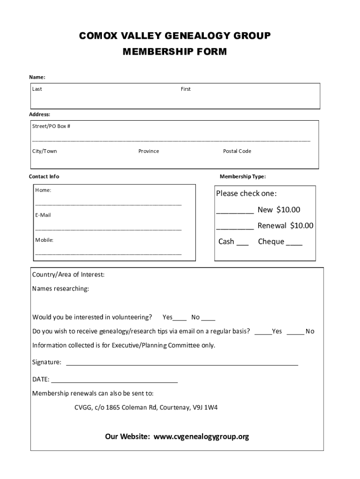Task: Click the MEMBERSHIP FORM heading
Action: point(174,52)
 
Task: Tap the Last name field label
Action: point(37,89)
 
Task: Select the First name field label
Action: point(186,89)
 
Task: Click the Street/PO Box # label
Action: point(51,126)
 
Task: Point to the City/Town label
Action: point(44,151)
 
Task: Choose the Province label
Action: point(149,151)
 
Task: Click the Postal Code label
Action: point(237,151)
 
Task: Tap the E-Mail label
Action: point(43,215)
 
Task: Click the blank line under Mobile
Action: point(108,253)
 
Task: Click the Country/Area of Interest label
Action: point(68,275)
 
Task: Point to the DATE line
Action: point(114,381)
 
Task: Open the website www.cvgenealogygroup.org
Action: point(201,437)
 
